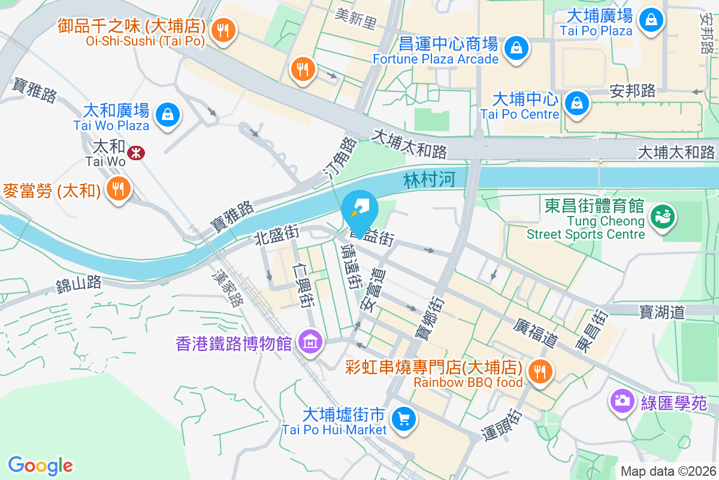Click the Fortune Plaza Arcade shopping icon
click(x=516, y=47)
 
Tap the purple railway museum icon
click(x=311, y=343)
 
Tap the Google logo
click(x=41, y=465)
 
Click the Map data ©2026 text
click(x=667, y=471)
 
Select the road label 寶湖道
click(x=661, y=312)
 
